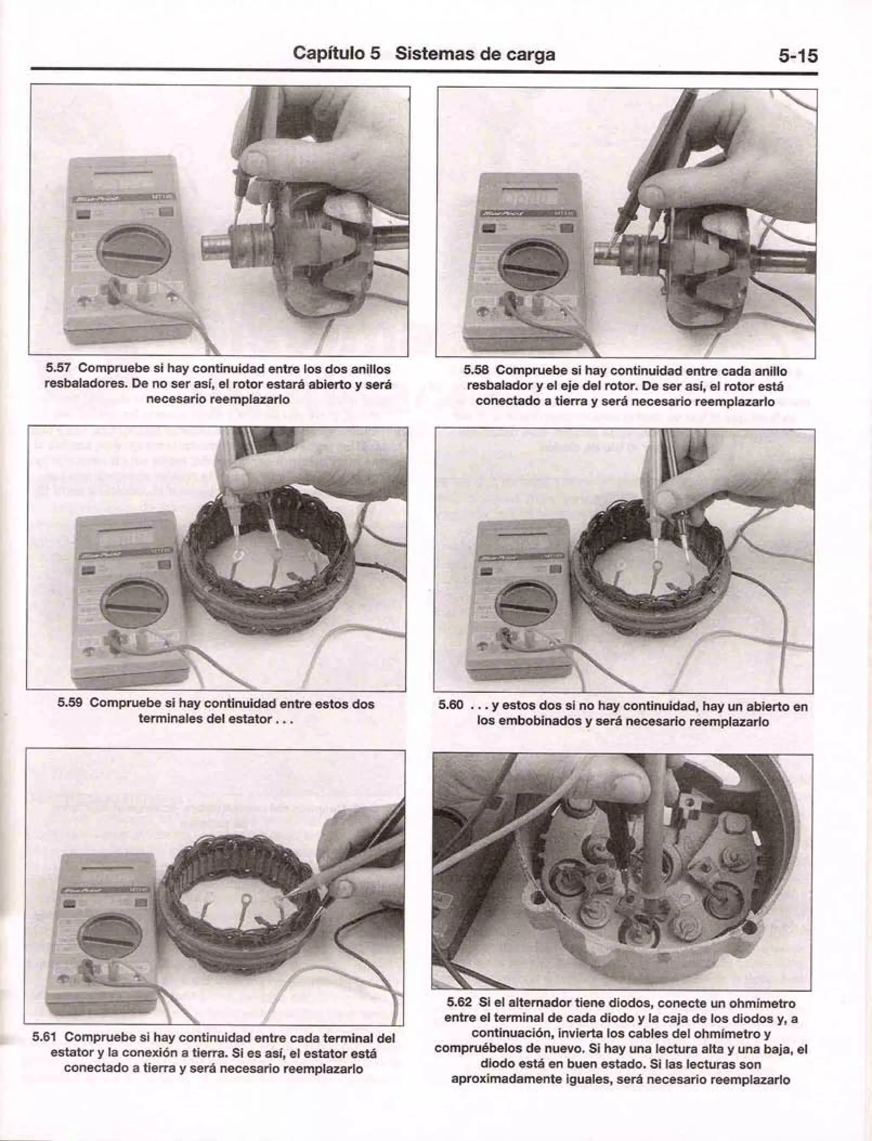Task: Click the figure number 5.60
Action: [450, 706]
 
